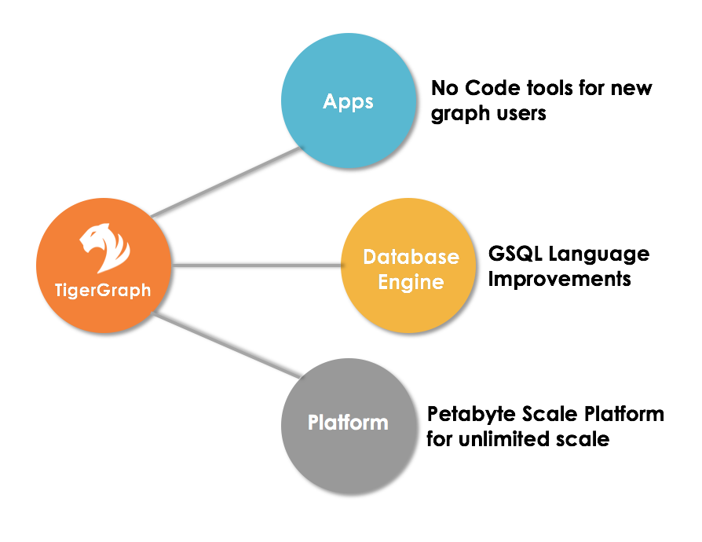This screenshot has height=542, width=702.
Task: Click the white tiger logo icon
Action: (x=104, y=247)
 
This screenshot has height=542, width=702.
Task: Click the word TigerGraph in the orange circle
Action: (x=103, y=291)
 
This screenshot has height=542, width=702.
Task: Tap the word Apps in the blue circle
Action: (x=349, y=102)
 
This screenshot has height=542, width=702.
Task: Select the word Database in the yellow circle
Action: (x=411, y=257)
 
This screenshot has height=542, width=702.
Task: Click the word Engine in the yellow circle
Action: (x=411, y=283)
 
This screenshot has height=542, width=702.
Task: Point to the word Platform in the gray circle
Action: (x=349, y=423)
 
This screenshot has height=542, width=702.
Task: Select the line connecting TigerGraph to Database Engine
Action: (x=257, y=266)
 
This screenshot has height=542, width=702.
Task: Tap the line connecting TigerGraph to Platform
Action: (x=227, y=345)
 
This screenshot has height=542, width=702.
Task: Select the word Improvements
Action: (x=560, y=279)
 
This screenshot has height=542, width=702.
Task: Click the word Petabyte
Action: (x=472, y=415)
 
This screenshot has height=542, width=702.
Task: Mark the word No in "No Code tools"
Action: (x=445, y=88)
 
